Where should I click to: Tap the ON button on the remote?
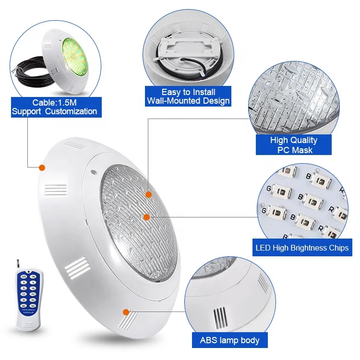[x=33, y=276]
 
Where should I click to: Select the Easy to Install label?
[x=188, y=92]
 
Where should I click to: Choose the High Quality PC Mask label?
[x=293, y=145]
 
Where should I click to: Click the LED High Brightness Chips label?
[x=302, y=248]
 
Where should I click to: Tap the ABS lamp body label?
[x=229, y=340]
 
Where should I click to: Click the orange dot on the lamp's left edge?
[x=42, y=168]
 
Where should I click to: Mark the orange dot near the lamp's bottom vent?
[x=126, y=312]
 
